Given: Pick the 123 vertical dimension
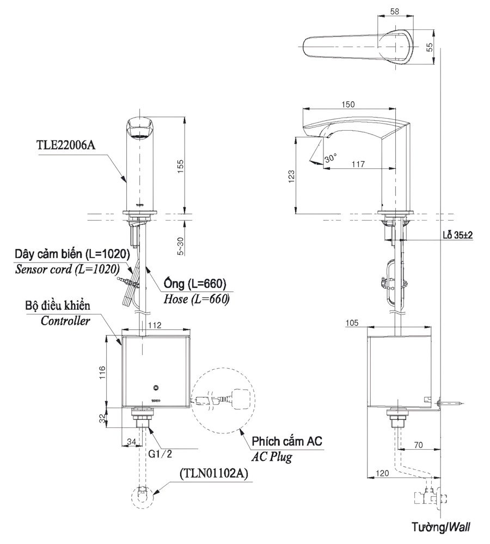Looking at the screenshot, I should pos(291,175).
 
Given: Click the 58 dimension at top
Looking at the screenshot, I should pos(395,11).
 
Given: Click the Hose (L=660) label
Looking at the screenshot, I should pos(196,299).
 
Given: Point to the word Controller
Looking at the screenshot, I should pos(66,321).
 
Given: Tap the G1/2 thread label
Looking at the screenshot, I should pos(163,452).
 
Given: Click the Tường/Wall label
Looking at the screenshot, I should pos(441,527).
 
